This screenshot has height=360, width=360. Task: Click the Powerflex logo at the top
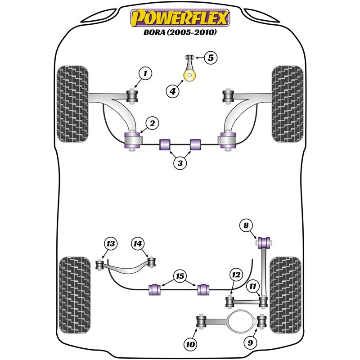coord(180,18)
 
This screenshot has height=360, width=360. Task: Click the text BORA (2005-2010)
coord(180,32)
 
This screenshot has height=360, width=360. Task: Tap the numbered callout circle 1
coord(145,73)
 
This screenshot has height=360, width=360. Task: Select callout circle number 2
coord(152,123)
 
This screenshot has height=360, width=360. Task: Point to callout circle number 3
coord(180,163)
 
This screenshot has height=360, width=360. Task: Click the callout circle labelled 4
coord(172,92)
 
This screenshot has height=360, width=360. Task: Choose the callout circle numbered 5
coord(211,58)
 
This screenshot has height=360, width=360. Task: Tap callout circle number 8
coord(246,225)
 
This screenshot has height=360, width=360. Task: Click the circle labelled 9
coord(250,343)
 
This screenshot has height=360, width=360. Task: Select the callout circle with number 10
coord(190,344)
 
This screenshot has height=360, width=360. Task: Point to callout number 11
coord(253,286)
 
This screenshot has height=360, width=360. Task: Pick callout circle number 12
coord(236,275)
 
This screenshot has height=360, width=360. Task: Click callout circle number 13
coord(111,243)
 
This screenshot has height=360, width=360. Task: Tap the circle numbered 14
coord(138,243)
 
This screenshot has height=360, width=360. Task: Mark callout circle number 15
coord(180,276)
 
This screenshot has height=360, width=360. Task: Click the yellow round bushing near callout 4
coord(189,75)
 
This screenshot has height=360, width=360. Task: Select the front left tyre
coord(72,104)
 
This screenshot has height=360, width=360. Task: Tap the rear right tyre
coord(285,295)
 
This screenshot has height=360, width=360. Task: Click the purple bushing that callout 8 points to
coord(264,243)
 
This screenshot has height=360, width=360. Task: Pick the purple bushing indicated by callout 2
coord(132,140)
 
